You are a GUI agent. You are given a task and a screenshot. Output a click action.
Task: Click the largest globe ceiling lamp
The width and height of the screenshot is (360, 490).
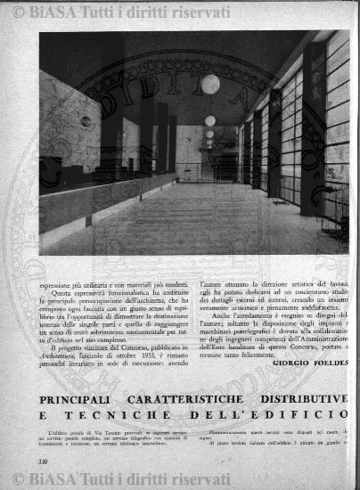pyautogui.click(x=209, y=85)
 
